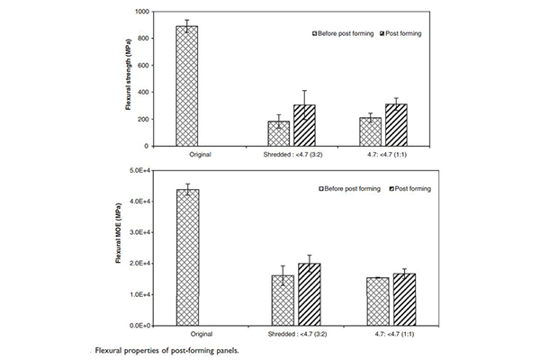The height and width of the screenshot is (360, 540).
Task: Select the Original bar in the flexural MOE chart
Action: (x=187, y=257)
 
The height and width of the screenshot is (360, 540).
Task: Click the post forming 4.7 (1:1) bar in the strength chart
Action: (x=396, y=125)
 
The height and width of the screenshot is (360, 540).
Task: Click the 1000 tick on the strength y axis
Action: (x=146, y=12)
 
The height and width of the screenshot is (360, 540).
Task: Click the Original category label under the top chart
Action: (x=187, y=154)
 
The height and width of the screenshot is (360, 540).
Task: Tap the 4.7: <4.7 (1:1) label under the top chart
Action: (x=383, y=154)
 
